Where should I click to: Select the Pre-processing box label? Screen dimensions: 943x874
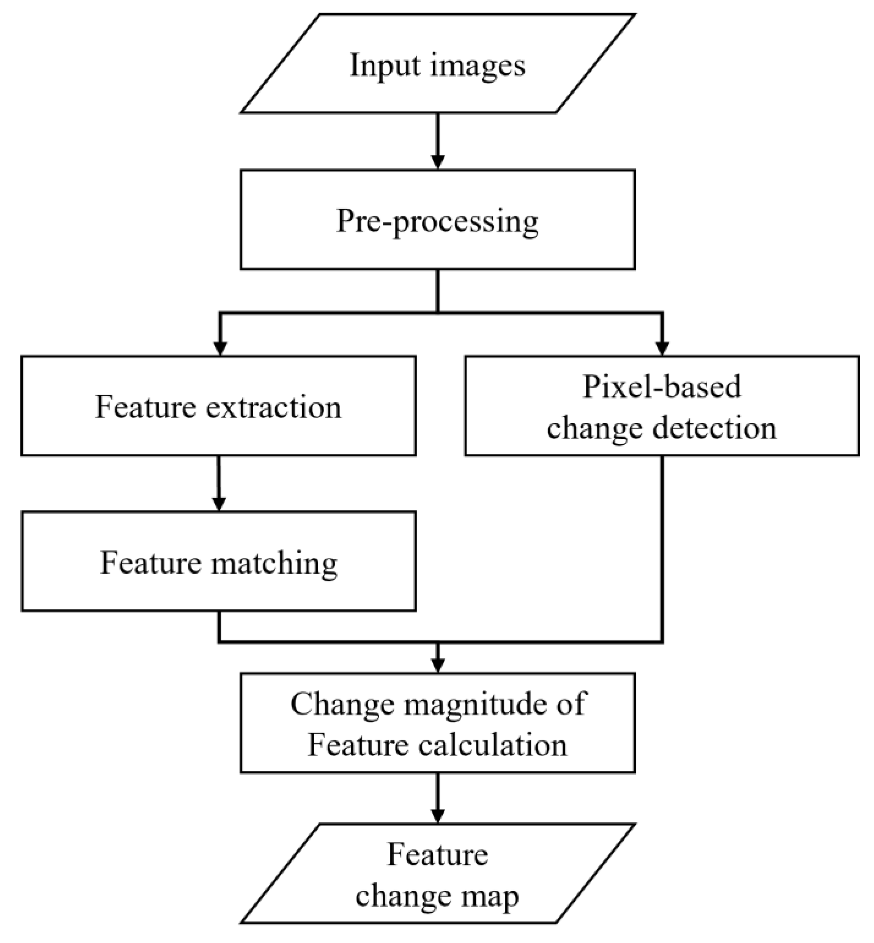[437, 221]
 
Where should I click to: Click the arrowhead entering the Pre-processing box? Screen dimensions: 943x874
[438, 162]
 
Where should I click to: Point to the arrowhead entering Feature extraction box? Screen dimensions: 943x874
[219, 348]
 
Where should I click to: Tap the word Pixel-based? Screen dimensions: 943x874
[662, 387]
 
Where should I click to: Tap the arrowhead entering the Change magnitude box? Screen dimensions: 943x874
[438, 665]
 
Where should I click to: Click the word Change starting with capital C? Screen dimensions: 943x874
[342, 704]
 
